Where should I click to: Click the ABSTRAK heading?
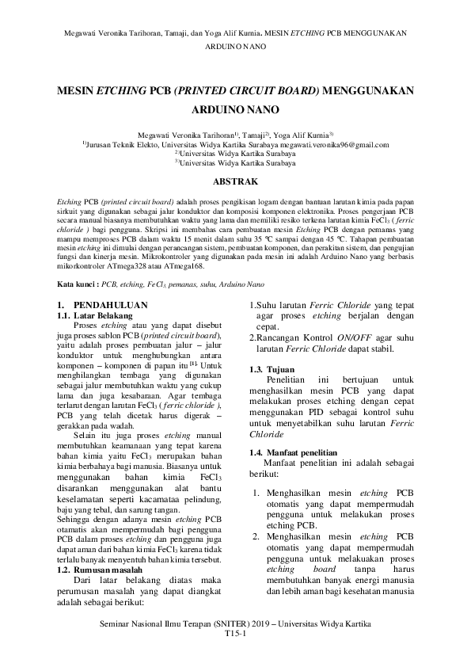coord(235,181)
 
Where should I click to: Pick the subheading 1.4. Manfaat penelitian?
coord(286,452)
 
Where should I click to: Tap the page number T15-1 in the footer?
coord(235,635)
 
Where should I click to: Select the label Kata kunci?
coord(78,283)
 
